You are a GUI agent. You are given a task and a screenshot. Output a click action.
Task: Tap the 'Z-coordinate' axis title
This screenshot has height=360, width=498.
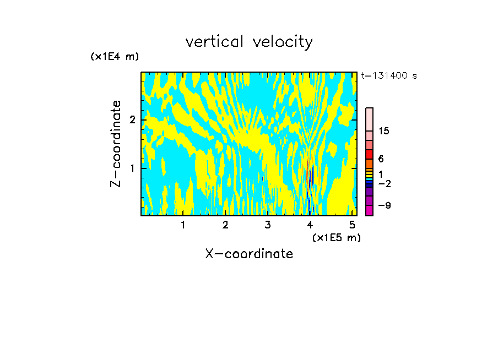click(x=116, y=144)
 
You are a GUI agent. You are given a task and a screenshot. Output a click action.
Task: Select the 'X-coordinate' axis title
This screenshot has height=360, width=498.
click(x=249, y=254)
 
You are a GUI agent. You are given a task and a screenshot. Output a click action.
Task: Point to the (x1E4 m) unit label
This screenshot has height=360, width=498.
click(x=115, y=57)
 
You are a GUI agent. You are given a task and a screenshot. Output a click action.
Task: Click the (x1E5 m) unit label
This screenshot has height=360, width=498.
click(x=336, y=237)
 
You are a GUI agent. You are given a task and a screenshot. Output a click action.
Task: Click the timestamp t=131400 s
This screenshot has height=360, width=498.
click(x=389, y=75)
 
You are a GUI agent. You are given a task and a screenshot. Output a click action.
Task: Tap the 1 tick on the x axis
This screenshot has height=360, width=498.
click(x=183, y=225)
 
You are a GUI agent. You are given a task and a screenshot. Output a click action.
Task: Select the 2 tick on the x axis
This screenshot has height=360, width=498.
click(x=225, y=225)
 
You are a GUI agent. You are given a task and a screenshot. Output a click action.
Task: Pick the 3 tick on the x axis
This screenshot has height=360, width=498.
click(x=268, y=225)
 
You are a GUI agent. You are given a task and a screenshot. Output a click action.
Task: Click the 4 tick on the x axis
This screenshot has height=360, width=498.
click(x=310, y=225)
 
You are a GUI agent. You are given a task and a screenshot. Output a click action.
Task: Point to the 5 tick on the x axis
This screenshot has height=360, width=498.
click(x=353, y=225)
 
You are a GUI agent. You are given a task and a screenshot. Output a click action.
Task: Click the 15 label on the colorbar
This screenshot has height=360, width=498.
click(x=384, y=131)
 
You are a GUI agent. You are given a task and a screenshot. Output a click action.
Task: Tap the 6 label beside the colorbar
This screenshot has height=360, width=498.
click(x=381, y=159)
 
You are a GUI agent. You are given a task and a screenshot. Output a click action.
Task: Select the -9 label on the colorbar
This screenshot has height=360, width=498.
click(x=384, y=205)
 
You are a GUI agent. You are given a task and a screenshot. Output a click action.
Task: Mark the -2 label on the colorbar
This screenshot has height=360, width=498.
click(x=384, y=184)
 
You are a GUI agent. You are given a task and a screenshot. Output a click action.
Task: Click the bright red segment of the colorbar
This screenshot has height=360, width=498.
click(x=369, y=155)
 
